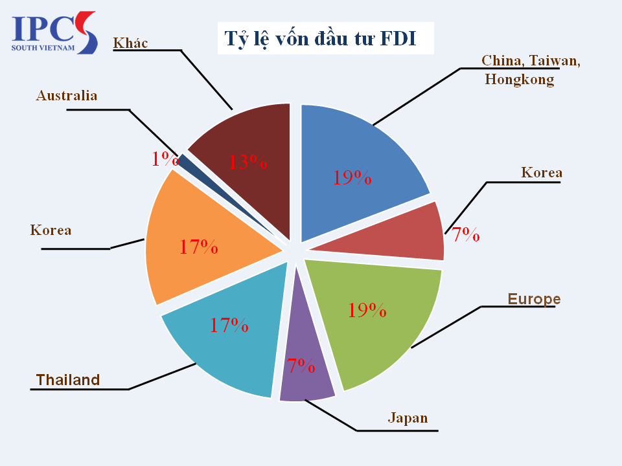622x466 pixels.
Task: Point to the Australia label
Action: point(67,96)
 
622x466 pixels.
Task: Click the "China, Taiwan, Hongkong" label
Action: point(531,70)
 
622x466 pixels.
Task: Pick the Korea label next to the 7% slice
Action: point(542,173)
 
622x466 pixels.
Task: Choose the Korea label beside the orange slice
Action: point(51,230)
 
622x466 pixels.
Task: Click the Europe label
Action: point(534,299)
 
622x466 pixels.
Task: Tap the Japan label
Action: point(408,417)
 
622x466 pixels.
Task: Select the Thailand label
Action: point(68,380)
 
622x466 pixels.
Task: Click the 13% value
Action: point(248,161)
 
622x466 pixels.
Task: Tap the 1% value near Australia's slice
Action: point(165,159)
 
